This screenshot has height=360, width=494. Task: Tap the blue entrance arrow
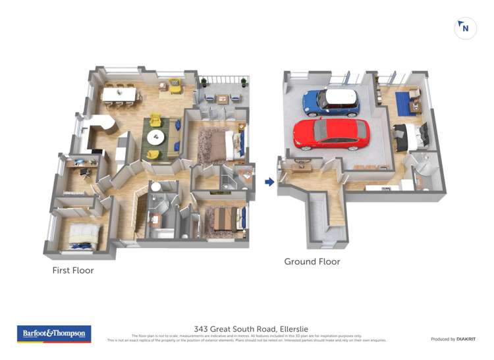269,182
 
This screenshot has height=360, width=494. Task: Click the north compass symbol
465,28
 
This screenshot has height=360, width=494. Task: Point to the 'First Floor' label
73,270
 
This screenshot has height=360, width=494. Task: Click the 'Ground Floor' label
312,261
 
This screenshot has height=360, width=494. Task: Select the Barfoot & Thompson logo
54,334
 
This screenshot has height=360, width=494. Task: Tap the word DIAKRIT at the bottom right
466,339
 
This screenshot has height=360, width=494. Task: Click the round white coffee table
156,138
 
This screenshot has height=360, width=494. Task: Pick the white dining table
121,95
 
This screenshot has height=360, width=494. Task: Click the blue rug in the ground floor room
403,103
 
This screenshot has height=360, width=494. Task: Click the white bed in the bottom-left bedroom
84,234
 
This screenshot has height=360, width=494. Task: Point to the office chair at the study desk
85,172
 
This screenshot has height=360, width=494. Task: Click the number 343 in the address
202,329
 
